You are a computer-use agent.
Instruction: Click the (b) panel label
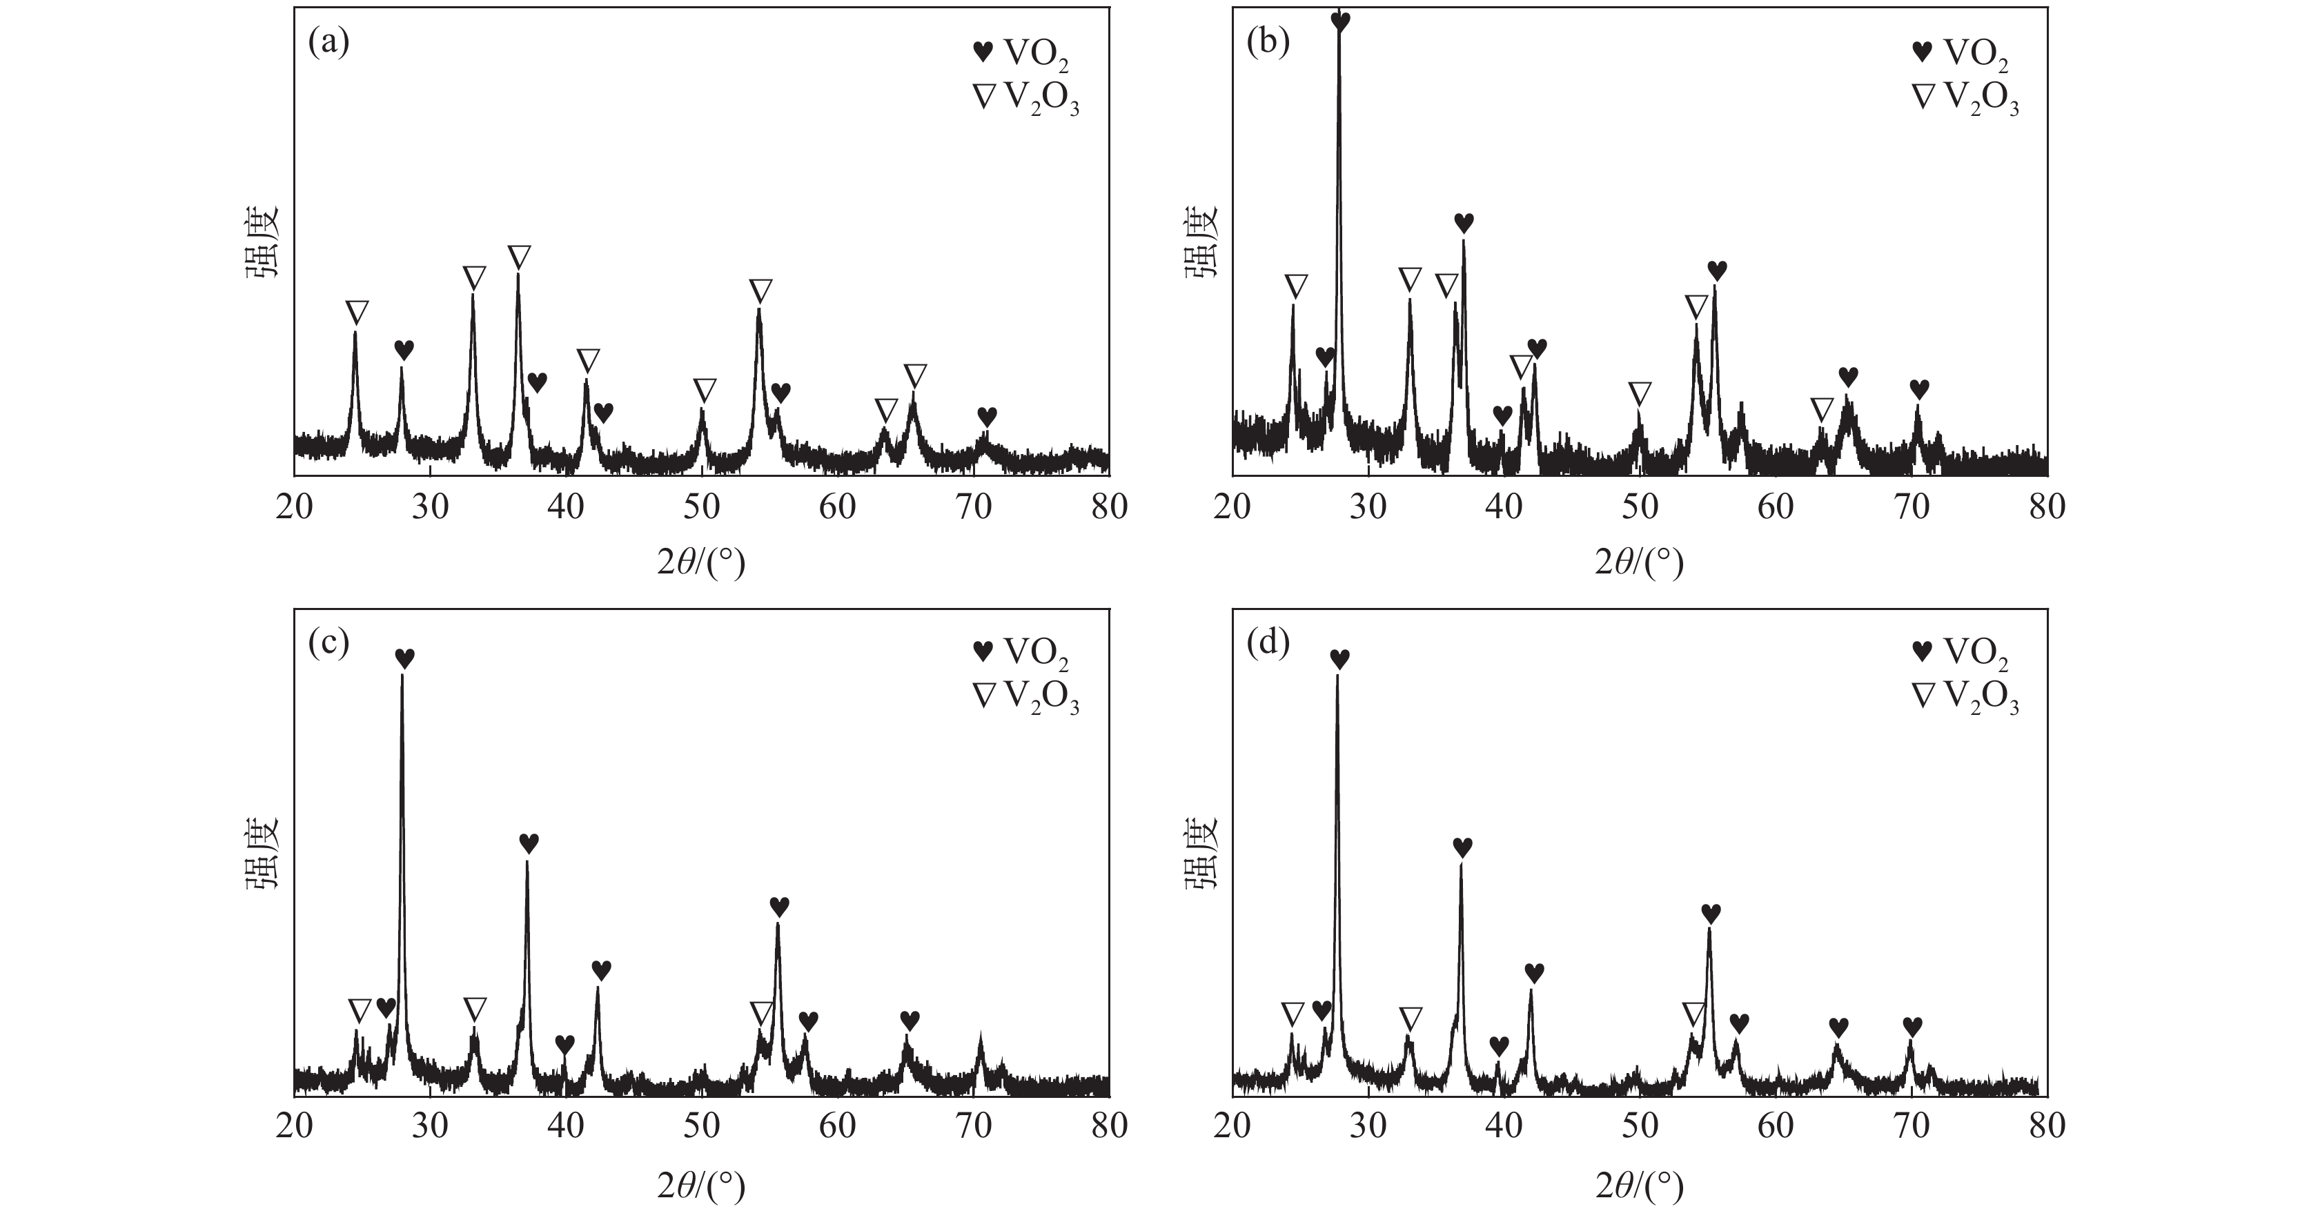[1268, 42]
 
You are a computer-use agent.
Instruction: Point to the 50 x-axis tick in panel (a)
[702, 507]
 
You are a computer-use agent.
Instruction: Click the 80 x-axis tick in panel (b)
[2046, 507]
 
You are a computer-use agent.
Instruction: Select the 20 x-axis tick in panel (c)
[294, 1126]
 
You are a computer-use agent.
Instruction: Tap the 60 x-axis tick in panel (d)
[1775, 1126]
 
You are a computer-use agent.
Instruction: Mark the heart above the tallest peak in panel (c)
[404, 659]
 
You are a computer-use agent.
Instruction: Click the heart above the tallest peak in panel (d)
[1339, 660]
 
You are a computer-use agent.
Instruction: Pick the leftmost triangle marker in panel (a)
[357, 313]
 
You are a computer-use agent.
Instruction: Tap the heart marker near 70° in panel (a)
[987, 417]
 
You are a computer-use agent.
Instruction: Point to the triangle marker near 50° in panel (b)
[1640, 393]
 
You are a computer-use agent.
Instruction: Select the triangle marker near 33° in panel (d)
[1410, 1018]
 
